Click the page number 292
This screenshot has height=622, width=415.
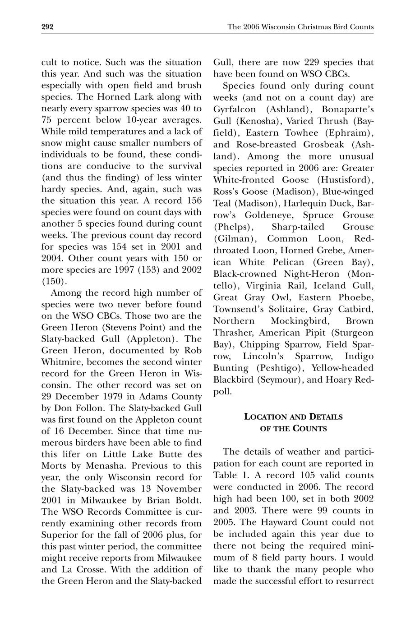(x=47, y=27)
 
